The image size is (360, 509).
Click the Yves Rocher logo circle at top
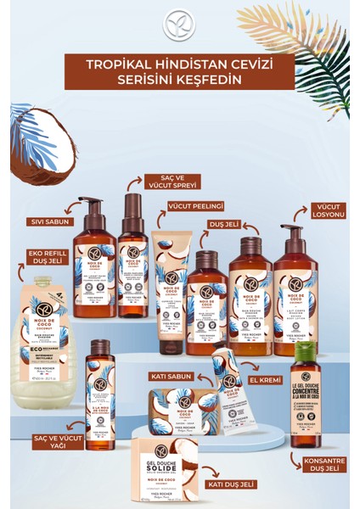[x=179, y=24]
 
